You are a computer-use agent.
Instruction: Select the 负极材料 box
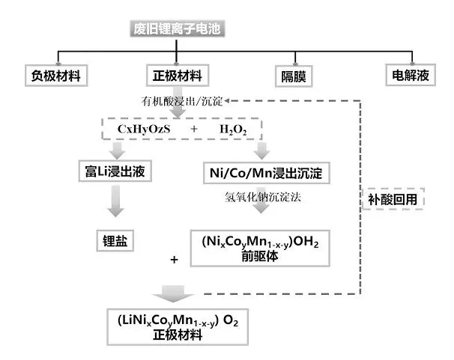[56, 75]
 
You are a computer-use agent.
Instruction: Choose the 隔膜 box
[292, 76]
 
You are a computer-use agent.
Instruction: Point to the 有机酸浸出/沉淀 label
[181, 100]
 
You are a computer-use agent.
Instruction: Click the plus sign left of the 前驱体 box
[174, 260]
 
